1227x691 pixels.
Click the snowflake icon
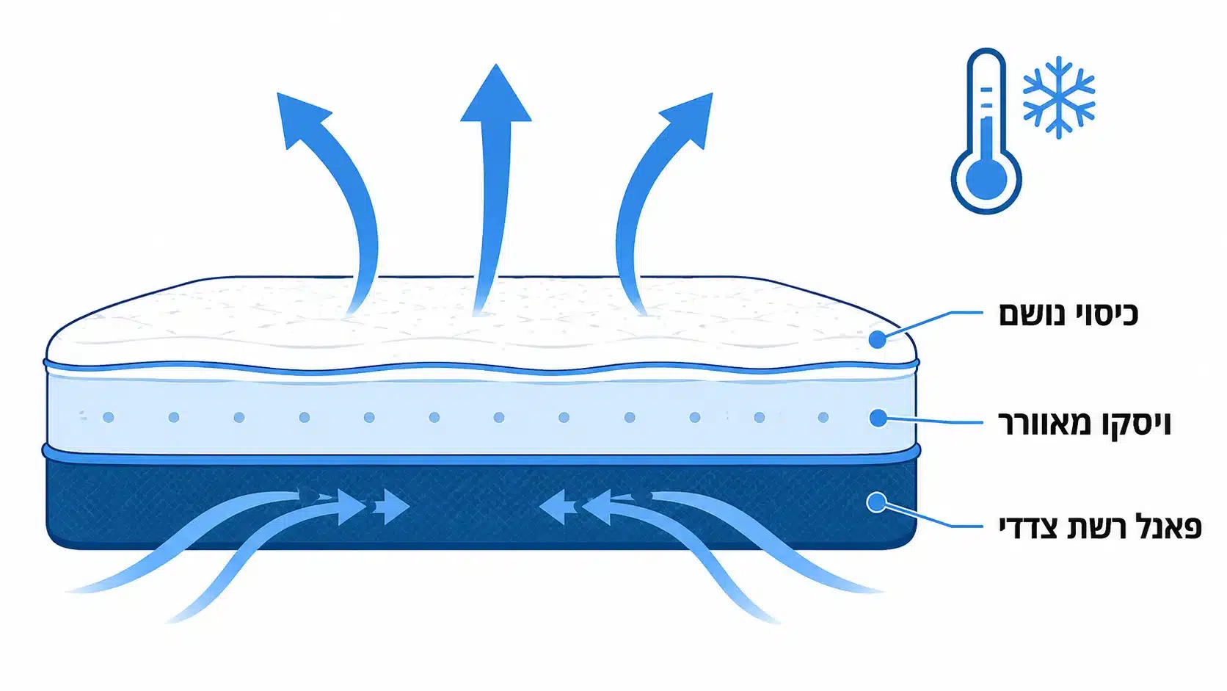pyautogui.click(x=1058, y=98)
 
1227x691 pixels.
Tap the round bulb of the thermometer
pyautogui.click(x=986, y=179)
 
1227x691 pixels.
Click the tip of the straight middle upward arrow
pyautogui.click(x=496, y=64)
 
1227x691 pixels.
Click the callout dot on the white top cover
pyautogui.click(x=877, y=340)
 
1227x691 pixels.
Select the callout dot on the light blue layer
pyautogui.click(x=878, y=418)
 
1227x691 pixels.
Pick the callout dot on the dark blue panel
pyautogui.click(x=876, y=502)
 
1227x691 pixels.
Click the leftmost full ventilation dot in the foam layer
pyautogui.click(x=109, y=418)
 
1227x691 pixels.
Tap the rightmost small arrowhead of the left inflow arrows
pyautogui.click(x=393, y=507)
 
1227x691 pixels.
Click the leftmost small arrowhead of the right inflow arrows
pyautogui.click(x=556, y=507)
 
